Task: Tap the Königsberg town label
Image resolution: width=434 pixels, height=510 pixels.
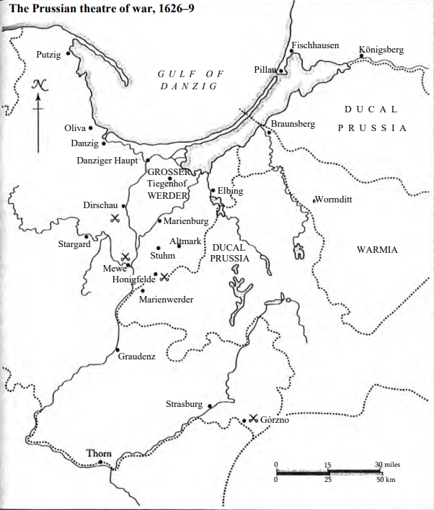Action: pos(381,50)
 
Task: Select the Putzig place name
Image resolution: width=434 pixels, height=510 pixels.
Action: pos(49,55)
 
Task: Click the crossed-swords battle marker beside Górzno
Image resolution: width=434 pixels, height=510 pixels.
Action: pos(253,418)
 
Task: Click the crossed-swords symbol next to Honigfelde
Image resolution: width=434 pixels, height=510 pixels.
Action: pos(164,277)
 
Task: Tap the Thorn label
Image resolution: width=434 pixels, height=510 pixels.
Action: pos(99,453)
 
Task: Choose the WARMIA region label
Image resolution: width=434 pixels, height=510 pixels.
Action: pos(377,250)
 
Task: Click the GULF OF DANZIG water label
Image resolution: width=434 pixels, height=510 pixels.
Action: pos(191,79)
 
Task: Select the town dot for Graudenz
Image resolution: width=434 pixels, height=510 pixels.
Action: pos(118,350)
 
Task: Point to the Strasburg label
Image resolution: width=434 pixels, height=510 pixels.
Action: pos(184,404)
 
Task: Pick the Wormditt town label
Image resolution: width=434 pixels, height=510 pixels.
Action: pos(334,200)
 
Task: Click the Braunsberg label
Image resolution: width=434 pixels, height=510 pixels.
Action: pos(293,124)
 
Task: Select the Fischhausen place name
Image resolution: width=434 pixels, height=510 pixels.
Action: pos(315,45)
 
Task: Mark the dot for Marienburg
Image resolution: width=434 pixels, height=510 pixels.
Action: pos(159,220)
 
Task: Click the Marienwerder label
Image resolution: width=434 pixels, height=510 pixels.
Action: pos(167,299)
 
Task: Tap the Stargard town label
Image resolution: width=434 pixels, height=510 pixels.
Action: pos(74,244)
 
